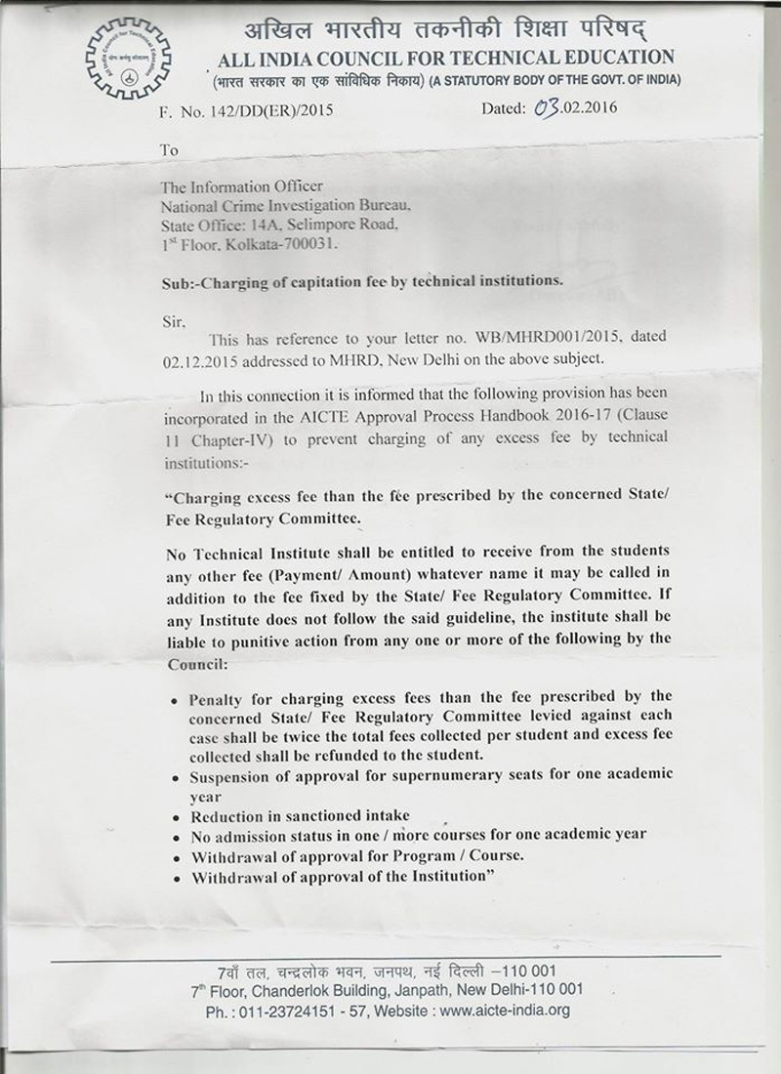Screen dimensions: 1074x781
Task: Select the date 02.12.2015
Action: point(195,357)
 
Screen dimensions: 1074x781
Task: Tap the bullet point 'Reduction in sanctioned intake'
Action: point(301,816)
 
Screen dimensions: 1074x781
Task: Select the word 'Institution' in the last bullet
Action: point(443,876)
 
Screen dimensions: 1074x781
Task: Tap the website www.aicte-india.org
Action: point(504,1010)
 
